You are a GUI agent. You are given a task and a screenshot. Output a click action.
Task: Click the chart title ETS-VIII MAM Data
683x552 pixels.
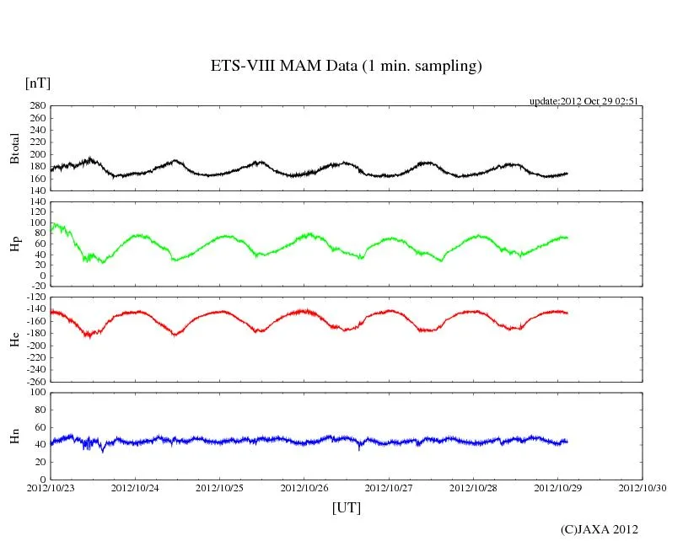click(346, 67)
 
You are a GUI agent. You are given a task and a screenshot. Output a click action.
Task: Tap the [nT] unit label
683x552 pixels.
click(38, 83)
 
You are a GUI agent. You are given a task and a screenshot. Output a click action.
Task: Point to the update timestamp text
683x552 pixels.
click(584, 101)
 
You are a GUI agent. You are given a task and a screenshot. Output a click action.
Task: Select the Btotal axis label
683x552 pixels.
click(14, 148)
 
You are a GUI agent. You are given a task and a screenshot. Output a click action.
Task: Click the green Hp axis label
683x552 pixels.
click(14, 244)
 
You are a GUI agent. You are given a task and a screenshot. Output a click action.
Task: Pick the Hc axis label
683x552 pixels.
click(14, 339)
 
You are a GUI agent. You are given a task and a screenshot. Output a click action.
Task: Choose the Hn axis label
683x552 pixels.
click(14, 436)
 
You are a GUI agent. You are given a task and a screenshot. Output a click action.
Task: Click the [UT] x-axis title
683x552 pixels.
click(347, 507)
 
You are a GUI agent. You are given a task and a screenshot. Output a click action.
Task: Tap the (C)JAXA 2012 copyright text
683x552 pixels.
click(600, 529)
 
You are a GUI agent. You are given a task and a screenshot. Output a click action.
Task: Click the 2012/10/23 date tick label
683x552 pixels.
click(51, 488)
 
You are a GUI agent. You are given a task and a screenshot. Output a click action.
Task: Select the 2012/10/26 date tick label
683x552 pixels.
click(304, 488)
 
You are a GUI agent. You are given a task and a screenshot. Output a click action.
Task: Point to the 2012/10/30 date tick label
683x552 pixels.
click(643, 488)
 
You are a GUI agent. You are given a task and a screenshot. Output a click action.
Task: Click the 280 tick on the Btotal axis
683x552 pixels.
click(36, 106)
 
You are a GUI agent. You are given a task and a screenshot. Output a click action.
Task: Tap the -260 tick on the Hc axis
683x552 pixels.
click(34, 382)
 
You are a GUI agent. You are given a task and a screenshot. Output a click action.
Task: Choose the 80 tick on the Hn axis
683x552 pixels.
click(39, 410)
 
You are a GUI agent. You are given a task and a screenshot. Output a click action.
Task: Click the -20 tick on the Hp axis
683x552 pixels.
click(36, 287)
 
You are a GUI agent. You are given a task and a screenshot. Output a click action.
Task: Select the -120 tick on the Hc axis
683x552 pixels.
click(34, 297)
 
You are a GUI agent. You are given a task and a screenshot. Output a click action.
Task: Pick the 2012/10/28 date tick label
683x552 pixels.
click(473, 488)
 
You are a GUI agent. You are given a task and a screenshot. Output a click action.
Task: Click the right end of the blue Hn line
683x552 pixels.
click(567, 441)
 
